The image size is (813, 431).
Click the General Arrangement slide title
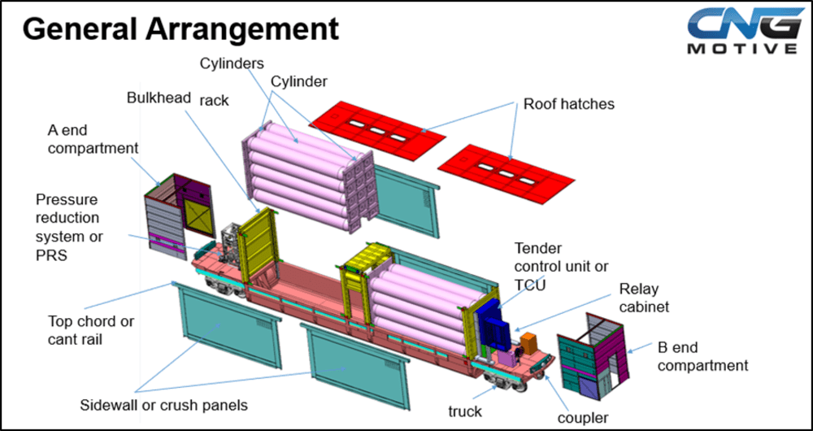click(180, 29)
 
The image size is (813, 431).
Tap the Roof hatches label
click(569, 104)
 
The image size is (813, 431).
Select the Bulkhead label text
click(159, 98)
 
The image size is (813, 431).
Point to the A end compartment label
click(93, 139)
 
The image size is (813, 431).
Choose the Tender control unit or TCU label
click(560, 267)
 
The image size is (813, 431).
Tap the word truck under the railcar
click(465, 411)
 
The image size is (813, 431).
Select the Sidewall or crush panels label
click(164, 405)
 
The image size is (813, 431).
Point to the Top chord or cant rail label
click(91, 330)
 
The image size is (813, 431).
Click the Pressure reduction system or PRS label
click(69, 228)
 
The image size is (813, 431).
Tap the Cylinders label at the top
click(233, 63)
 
